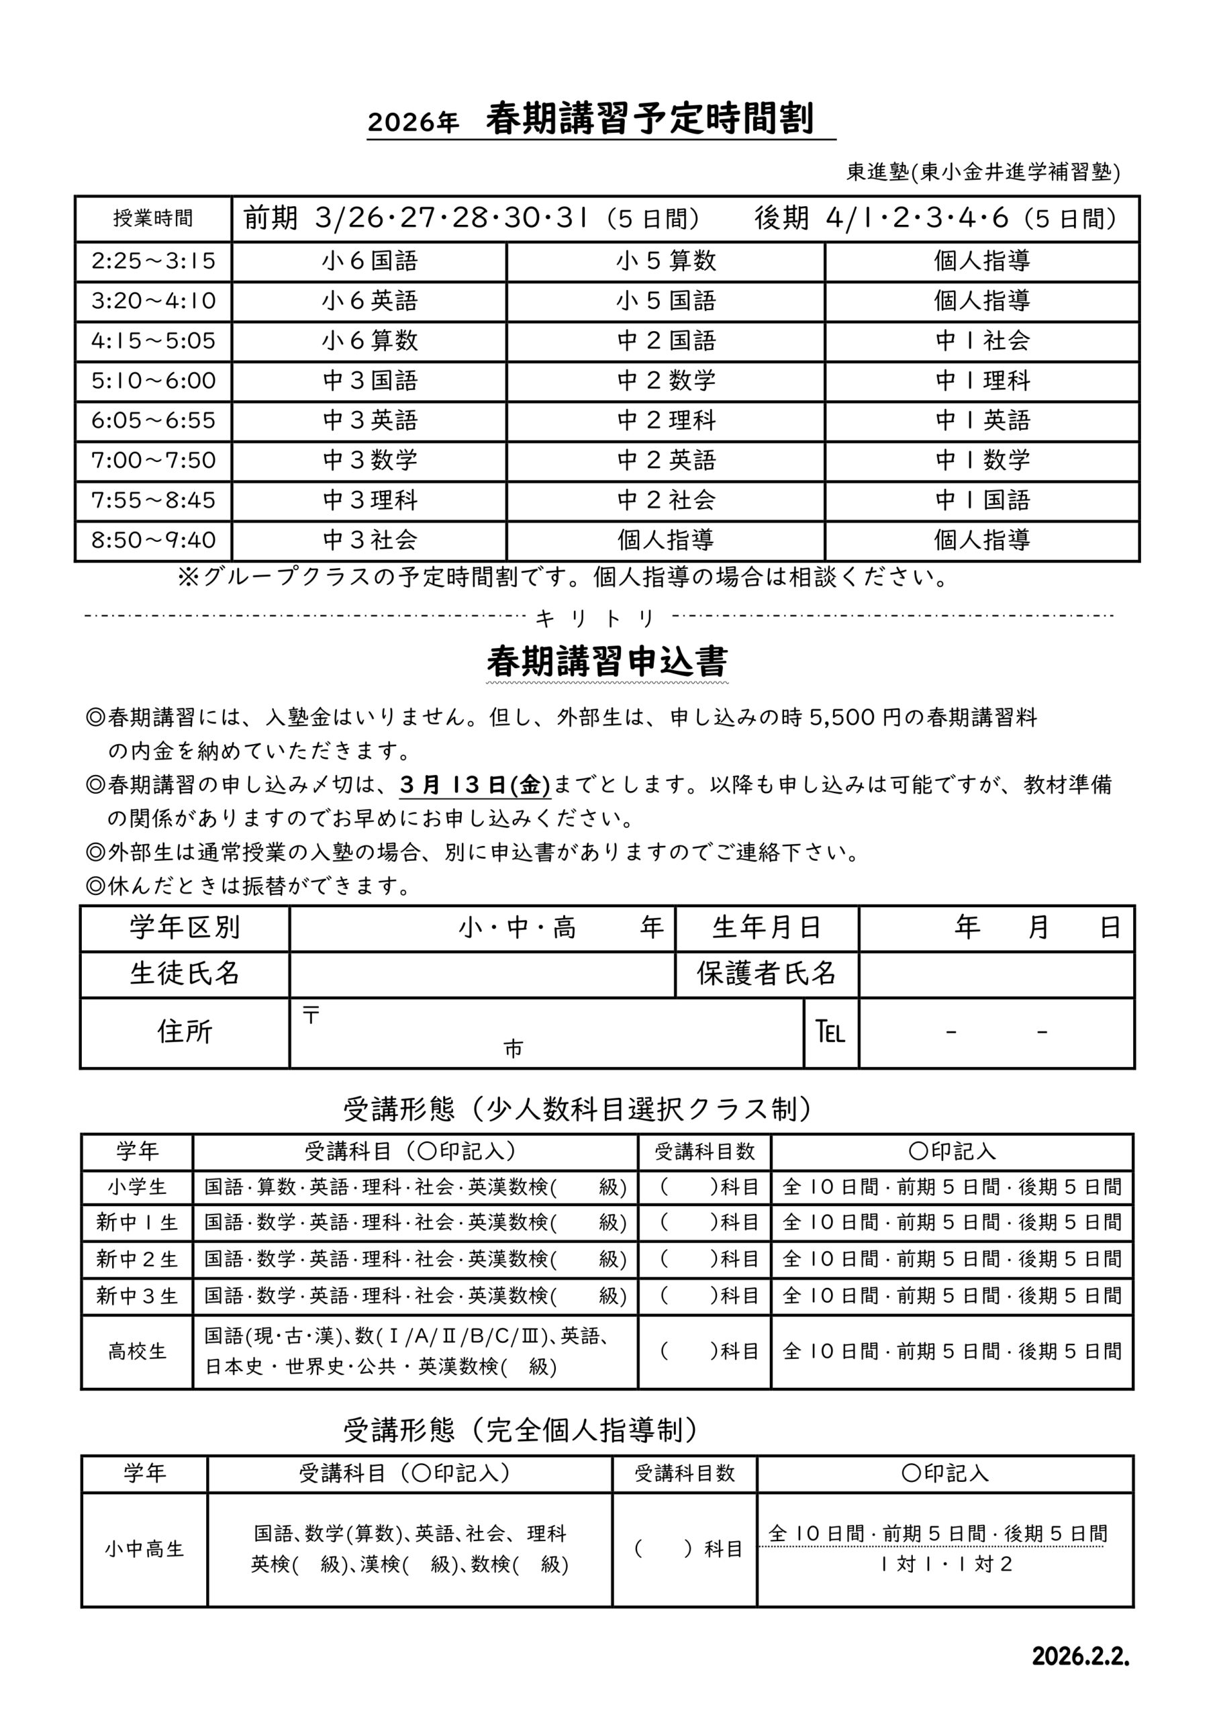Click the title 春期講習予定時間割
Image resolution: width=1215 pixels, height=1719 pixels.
649,120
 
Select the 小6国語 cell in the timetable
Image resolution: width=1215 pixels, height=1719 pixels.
370,261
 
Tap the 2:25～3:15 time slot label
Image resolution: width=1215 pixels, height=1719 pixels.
154,261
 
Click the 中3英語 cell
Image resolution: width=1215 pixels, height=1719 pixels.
370,421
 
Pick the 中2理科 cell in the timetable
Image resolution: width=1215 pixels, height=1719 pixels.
667,421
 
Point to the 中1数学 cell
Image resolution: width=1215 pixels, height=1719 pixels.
982,461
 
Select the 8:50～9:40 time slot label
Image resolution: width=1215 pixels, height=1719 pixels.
154,540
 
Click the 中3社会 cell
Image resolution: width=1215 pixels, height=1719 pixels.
370,540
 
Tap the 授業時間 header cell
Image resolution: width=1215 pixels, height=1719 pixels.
154,219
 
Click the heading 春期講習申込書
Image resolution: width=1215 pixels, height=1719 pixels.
606,662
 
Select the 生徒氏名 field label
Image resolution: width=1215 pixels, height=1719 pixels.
184,973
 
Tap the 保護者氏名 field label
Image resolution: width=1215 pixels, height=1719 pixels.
766,973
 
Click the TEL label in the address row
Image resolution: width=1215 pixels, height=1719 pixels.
830,1033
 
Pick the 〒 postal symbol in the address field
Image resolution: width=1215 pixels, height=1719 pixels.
311,1015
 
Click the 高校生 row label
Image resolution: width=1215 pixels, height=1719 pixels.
137,1352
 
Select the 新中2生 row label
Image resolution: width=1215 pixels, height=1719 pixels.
137,1259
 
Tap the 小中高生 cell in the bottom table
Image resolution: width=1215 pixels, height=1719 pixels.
144,1549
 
